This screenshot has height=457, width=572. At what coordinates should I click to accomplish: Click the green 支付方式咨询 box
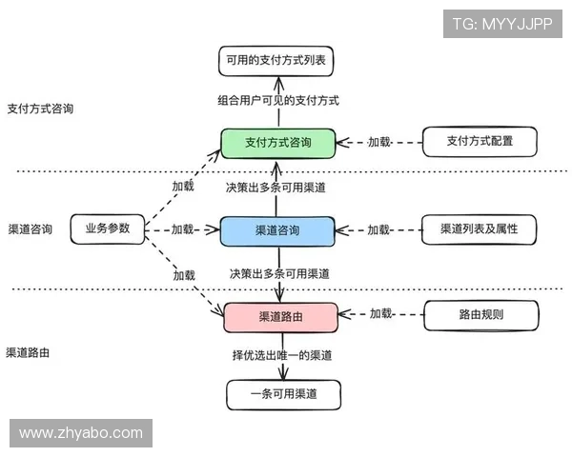(x=278, y=143)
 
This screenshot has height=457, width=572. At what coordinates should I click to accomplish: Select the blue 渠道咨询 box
(x=277, y=230)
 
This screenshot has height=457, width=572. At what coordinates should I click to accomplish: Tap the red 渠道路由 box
(x=280, y=315)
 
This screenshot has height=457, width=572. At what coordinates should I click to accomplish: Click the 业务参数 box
(x=107, y=228)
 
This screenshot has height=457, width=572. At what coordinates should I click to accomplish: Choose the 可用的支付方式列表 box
(x=277, y=59)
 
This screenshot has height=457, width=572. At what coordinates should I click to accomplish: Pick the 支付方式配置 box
(x=480, y=142)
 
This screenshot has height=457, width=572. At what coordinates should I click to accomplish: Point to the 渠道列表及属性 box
(x=480, y=229)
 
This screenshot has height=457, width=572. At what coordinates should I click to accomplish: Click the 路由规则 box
(x=480, y=314)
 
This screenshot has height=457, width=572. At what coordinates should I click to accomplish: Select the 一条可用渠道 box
(x=282, y=394)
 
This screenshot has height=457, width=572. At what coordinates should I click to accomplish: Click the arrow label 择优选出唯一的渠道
(x=282, y=355)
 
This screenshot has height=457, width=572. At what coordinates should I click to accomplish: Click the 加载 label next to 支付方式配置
(x=379, y=142)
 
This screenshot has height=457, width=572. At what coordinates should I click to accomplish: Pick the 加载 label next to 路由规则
(x=381, y=314)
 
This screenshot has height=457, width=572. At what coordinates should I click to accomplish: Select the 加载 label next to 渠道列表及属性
(x=379, y=229)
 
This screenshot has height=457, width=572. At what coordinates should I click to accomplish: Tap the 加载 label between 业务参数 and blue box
(x=182, y=229)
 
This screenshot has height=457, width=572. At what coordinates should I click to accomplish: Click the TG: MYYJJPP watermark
(x=503, y=23)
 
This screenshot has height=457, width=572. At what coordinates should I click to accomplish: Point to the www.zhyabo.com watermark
(x=80, y=433)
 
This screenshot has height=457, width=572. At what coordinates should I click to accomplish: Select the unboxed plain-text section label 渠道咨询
(x=30, y=229)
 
